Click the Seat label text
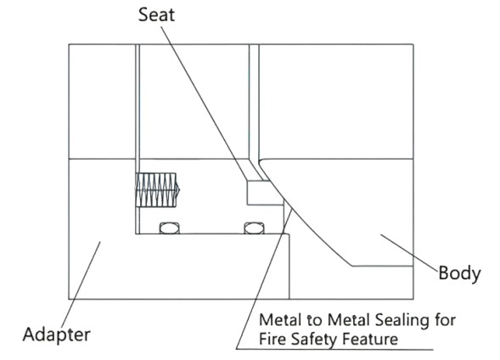[156, 14]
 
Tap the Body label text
[459, 273]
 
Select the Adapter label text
[56, 335]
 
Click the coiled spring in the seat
[158, 190]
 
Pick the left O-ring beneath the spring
[169, 228]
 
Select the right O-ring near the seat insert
[254, 228]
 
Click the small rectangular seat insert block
[266, 193]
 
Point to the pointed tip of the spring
[179, 190]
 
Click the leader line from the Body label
[409, 252]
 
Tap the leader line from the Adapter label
[81, 284]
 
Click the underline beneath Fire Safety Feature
[334, 349]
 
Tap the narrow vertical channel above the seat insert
[254, 102]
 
